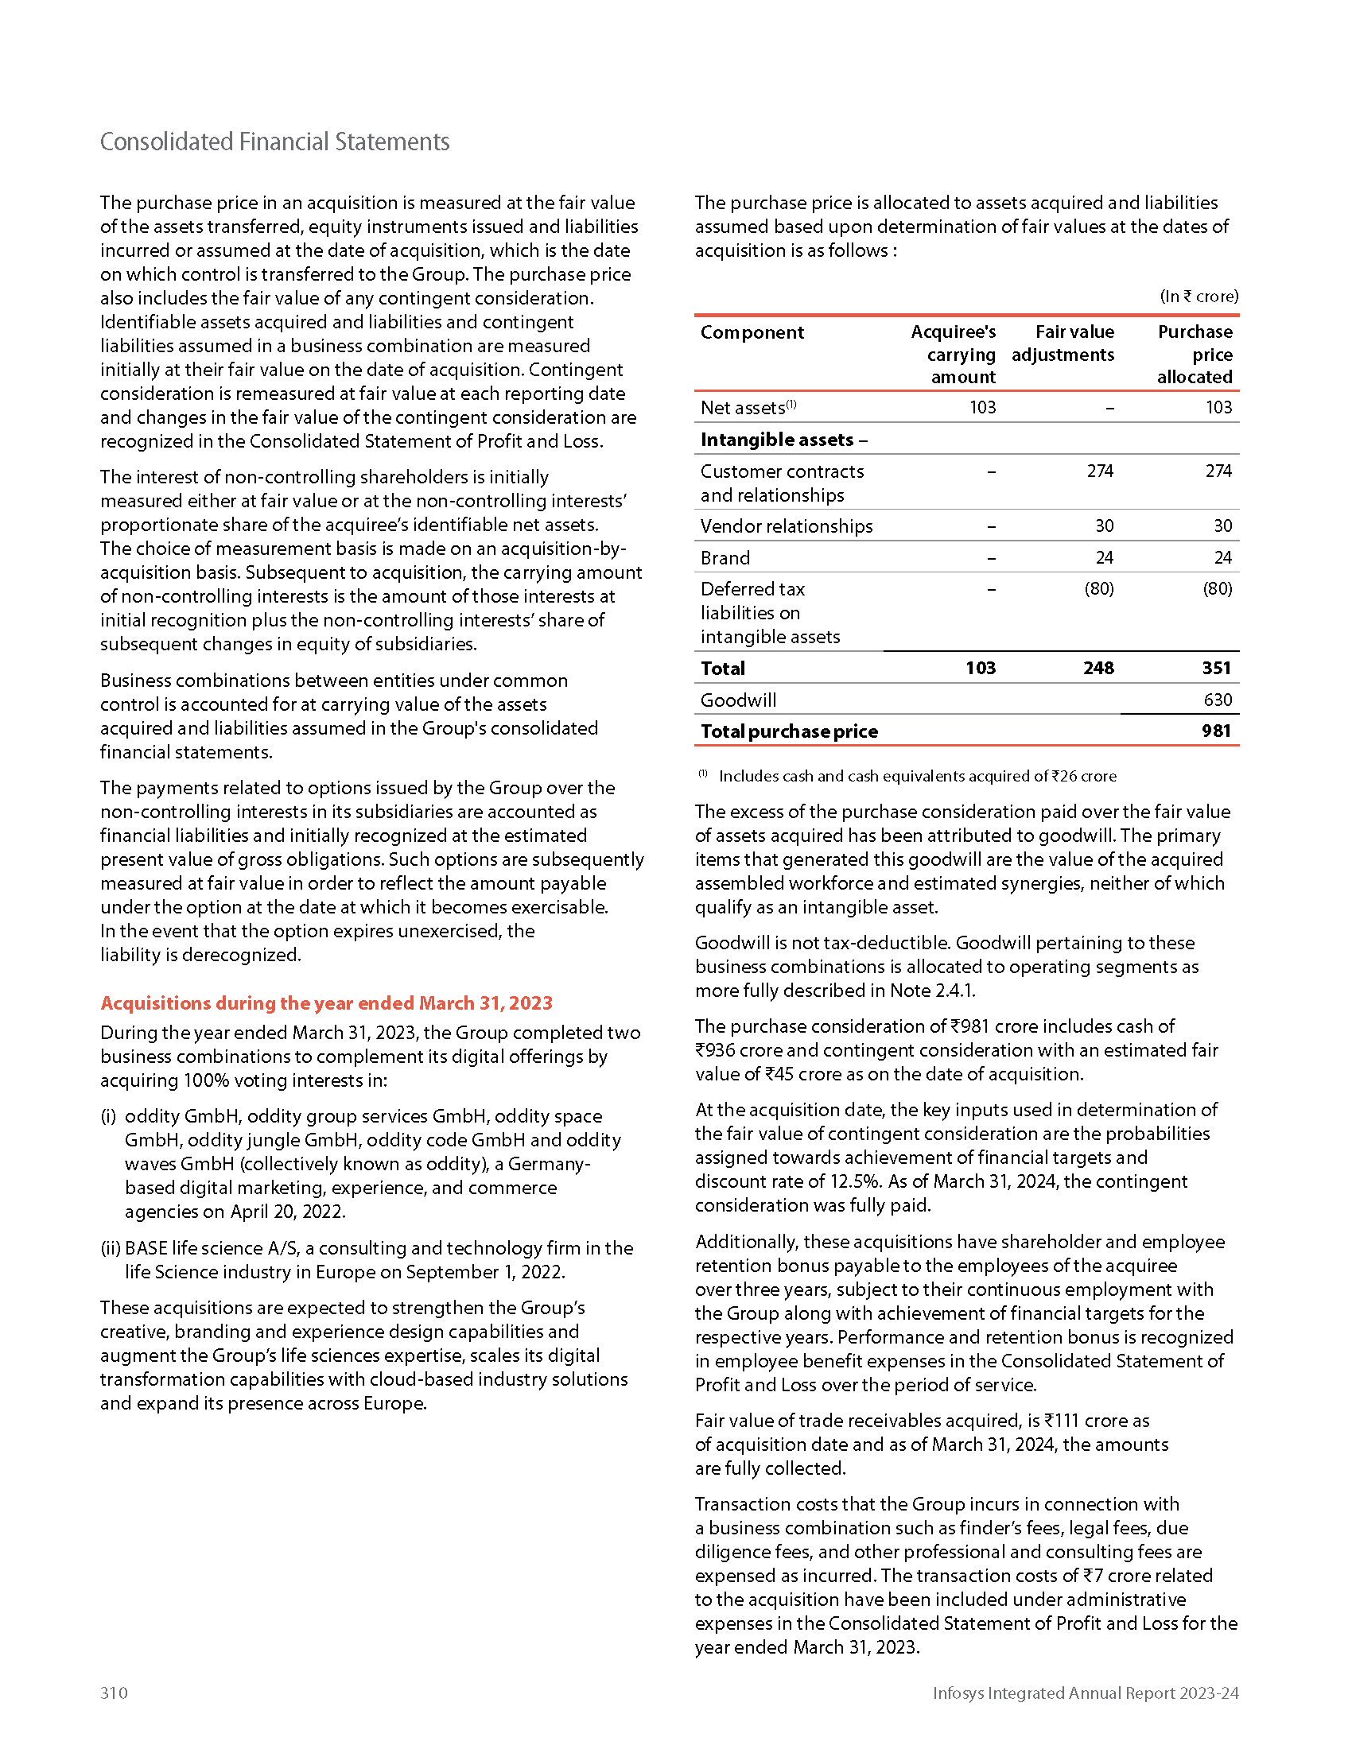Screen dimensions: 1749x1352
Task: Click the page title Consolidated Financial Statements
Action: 274,142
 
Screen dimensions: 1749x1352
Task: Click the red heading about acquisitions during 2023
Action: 326,1002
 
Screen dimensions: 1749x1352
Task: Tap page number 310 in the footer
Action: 114,1692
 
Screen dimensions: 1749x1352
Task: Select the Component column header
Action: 752,332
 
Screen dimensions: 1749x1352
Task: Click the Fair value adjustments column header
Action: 1063,343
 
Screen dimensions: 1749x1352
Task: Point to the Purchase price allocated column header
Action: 1195,354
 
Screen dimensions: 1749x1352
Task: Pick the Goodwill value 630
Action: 1218,700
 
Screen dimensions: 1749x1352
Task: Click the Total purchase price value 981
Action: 1216,731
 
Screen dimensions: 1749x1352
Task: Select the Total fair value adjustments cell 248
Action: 1098,668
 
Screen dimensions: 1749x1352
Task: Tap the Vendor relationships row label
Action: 786,526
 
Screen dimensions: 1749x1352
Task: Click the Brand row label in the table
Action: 725,557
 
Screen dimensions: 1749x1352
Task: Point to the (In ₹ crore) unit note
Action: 1199,297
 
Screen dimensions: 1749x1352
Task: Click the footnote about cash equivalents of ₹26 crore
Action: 917,776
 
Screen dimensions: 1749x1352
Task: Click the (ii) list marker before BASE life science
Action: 111,1247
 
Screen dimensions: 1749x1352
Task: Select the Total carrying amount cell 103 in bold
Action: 981,668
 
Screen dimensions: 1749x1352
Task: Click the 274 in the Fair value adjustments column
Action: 1100,471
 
